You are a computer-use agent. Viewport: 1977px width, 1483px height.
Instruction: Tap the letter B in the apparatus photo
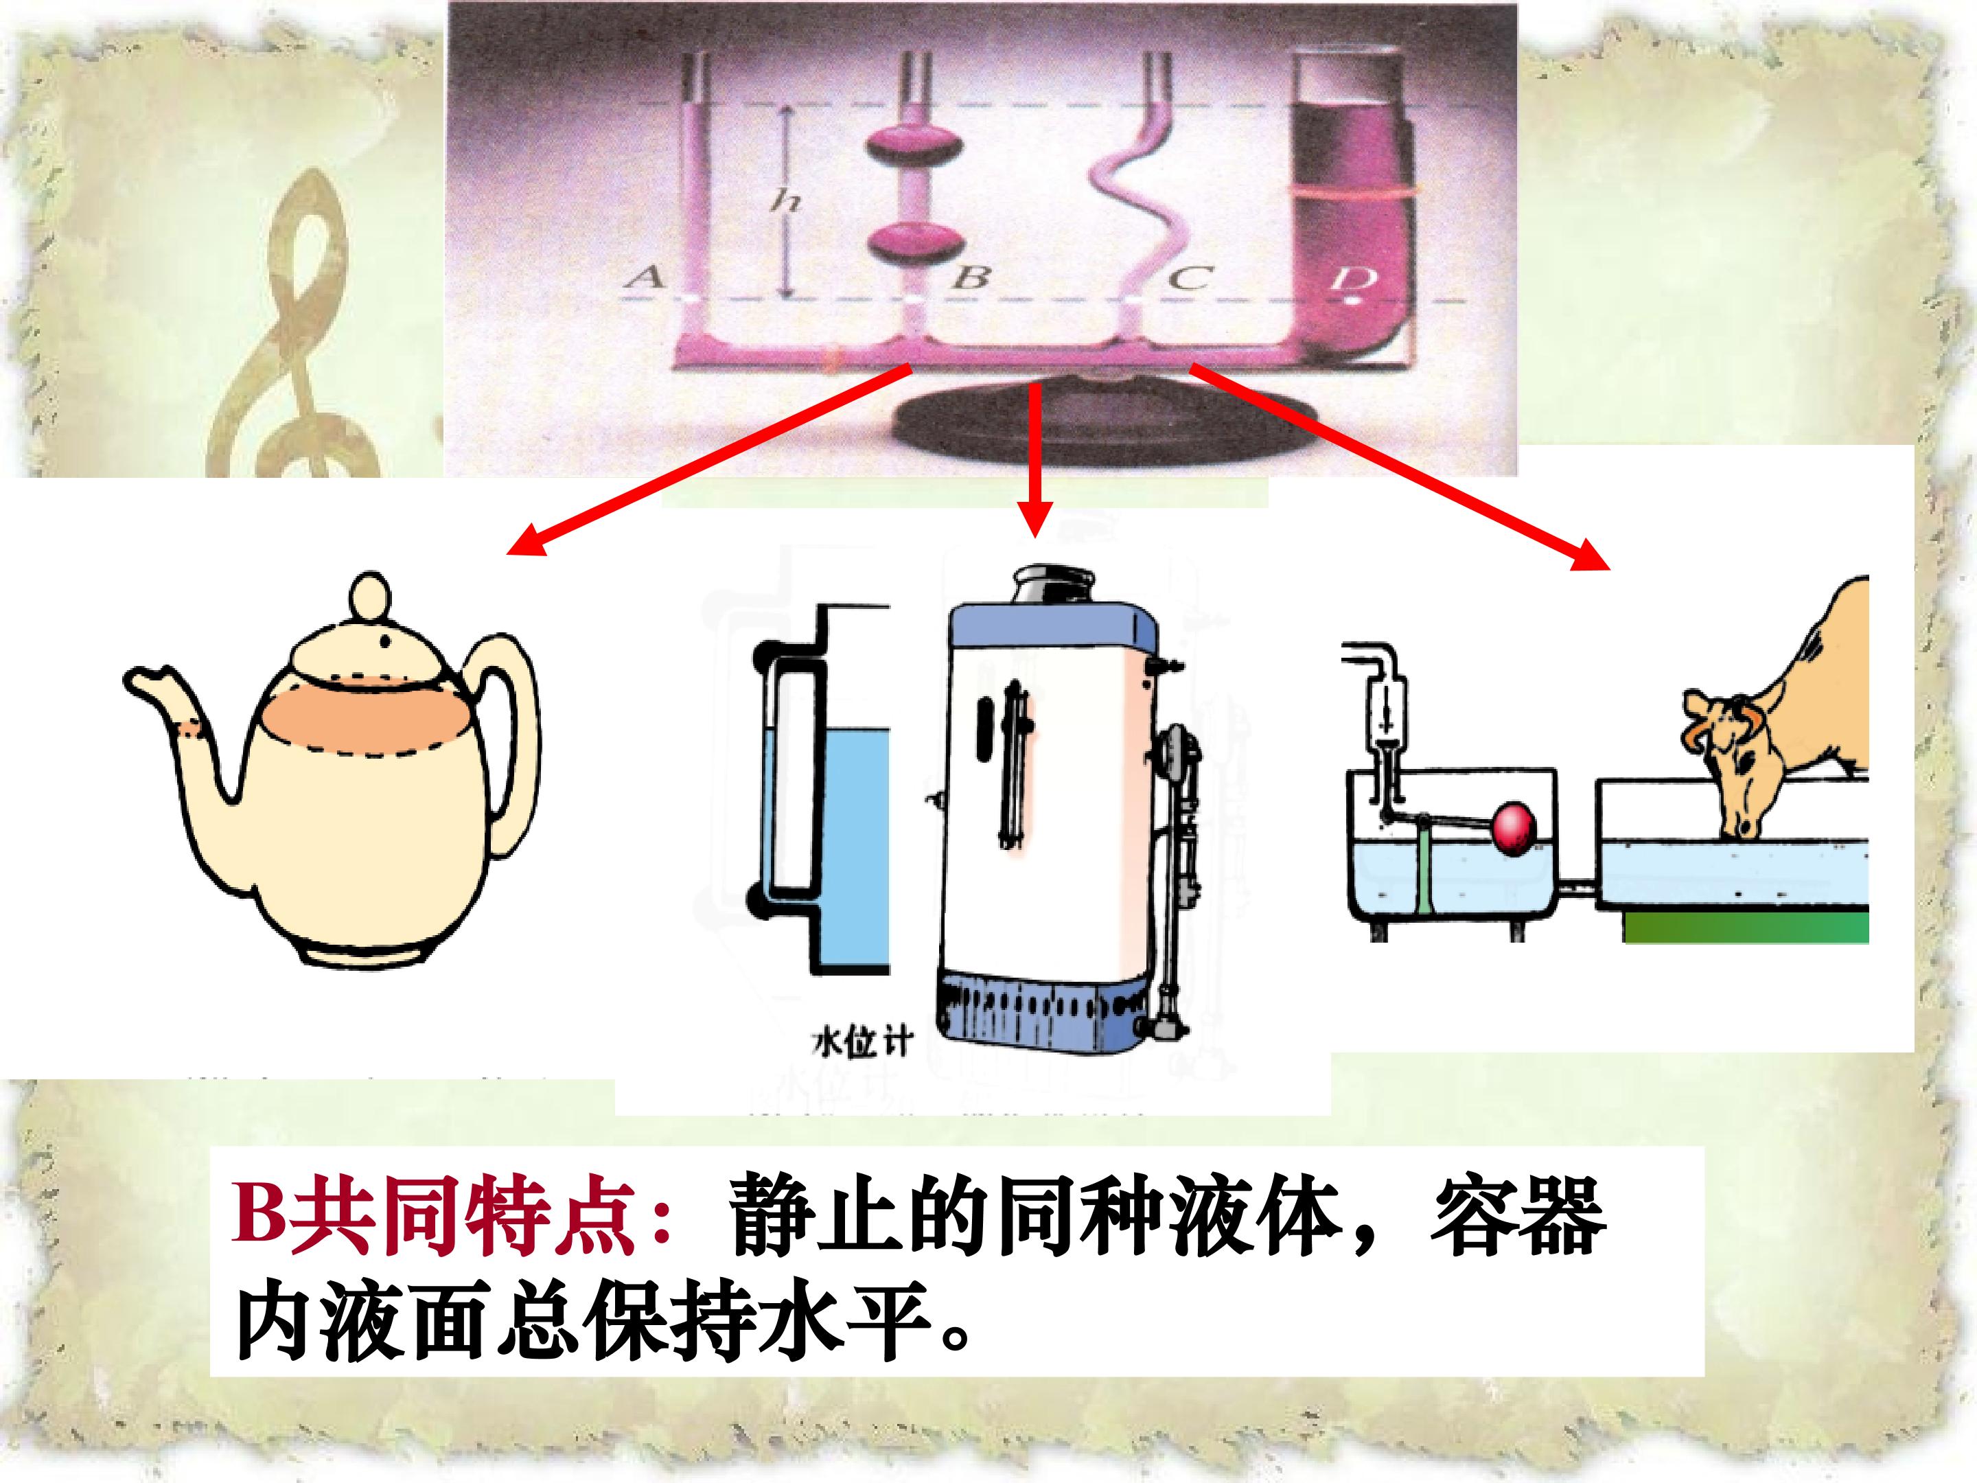point(971,278)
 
